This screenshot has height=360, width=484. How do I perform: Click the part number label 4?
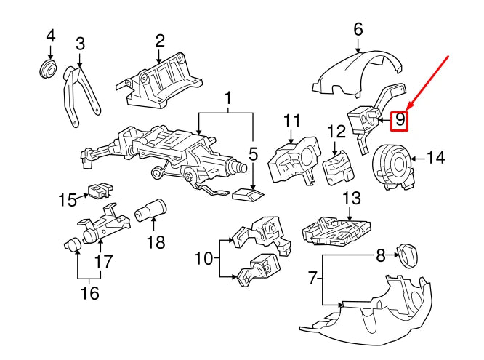click(50, 35)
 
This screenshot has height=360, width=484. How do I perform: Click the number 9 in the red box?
click(400, 120)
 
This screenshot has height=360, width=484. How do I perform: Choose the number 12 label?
click(336, 132)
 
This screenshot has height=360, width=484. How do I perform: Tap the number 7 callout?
click(312, 277)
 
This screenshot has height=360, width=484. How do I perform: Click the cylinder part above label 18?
click(150, 211)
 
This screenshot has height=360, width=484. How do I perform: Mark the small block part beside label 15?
click(98, 191)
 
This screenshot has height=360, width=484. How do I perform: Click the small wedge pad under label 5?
click(246, 194)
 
